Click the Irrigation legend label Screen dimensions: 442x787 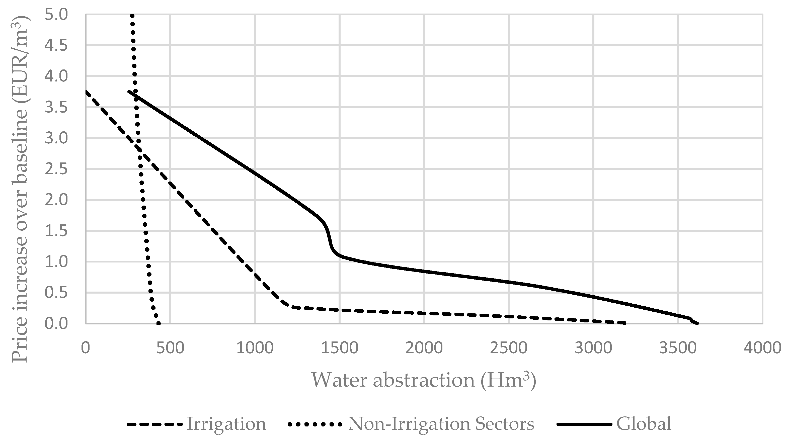226,424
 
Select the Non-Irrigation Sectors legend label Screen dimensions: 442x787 441,424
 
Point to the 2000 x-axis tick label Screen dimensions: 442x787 424,348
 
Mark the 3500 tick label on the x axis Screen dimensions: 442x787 678,348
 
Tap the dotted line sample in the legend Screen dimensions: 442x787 315,424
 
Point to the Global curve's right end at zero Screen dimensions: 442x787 697,323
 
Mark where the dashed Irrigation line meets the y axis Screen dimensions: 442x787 86,91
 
